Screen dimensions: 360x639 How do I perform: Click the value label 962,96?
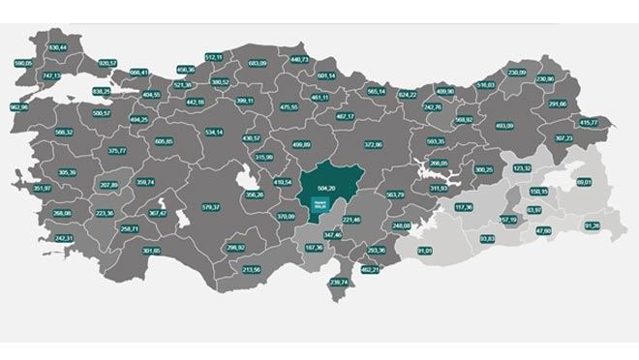pos(18,106)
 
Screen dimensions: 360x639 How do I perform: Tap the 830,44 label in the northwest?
pos(57,46)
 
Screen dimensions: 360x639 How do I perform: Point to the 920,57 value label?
pos(108,63)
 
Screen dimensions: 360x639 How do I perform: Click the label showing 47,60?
pos(543,230)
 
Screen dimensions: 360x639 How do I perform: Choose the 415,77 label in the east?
pos(589,123)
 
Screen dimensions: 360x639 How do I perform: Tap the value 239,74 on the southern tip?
pos(338,282)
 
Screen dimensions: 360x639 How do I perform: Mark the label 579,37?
pos(212,206)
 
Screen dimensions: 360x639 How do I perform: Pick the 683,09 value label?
pos(258,63)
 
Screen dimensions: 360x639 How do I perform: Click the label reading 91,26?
pos(593,225)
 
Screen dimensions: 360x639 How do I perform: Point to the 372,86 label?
pos(373,144)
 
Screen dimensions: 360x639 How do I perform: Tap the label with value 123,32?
pos(522,167)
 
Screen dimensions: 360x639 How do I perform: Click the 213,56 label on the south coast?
pos(251,269)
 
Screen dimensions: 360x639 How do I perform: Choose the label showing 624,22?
pos(408,95)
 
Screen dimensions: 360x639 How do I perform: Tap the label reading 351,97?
pos(42,188)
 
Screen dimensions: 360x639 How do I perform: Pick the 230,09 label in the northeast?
pos(517,72)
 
